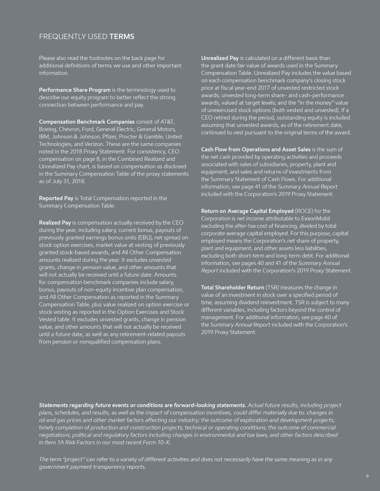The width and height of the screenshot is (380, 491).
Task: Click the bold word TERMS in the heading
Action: point(122,37)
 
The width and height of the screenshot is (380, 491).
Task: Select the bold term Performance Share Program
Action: point(75,89)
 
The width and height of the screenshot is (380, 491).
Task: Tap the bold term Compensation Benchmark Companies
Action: point(87,122)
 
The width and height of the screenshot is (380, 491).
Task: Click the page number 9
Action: point(367,476)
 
